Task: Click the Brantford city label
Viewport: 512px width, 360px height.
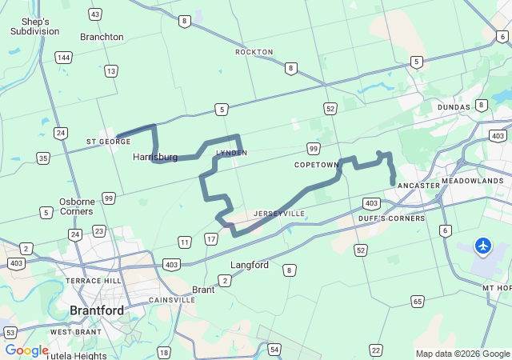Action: point(96,310)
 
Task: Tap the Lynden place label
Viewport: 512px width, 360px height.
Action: point(232,153)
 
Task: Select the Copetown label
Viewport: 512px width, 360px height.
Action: point(317,165)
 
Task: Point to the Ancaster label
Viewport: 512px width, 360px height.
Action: point(418,186)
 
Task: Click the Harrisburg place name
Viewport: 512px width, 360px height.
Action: point(155,158)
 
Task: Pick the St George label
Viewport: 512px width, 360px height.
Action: point(109,142)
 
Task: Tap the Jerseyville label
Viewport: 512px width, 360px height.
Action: point(279,214)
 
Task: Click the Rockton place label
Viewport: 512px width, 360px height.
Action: point(254,52)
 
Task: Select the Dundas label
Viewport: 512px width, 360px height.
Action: point(454,107)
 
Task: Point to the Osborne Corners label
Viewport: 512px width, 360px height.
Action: point(76,206)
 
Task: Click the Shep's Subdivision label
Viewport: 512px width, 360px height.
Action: point(34,26)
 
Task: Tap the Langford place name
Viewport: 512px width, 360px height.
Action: point(250,265)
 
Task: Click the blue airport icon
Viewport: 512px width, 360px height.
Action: point(483,246)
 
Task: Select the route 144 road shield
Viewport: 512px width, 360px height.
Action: point(63,58)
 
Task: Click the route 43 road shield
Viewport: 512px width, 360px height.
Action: point(95,14)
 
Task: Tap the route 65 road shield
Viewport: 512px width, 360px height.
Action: point(418,302)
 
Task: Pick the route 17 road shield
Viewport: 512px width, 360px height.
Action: point(211,238)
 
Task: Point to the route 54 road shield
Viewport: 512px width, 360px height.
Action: point(274,350)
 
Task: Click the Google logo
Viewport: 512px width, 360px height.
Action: point(26,350)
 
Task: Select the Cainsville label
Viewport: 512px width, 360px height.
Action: point(173,300)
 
